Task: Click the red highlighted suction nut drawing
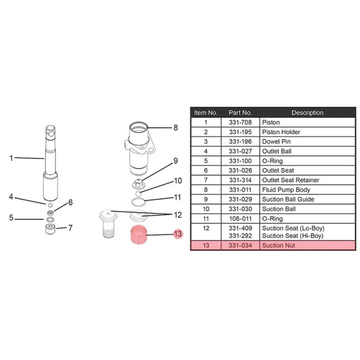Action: [139, 235]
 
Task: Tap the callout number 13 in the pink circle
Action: [178, 234]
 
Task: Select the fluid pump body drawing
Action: [139, 149]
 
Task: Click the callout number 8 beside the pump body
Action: [176, 128]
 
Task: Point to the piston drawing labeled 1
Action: [50, 163]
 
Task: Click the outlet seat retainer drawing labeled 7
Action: [50, 229]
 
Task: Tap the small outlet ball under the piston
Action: [50, 205]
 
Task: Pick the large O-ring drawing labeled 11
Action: [138, 202]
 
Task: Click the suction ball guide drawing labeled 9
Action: [139, 184]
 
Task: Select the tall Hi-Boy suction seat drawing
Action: [108, 224]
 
